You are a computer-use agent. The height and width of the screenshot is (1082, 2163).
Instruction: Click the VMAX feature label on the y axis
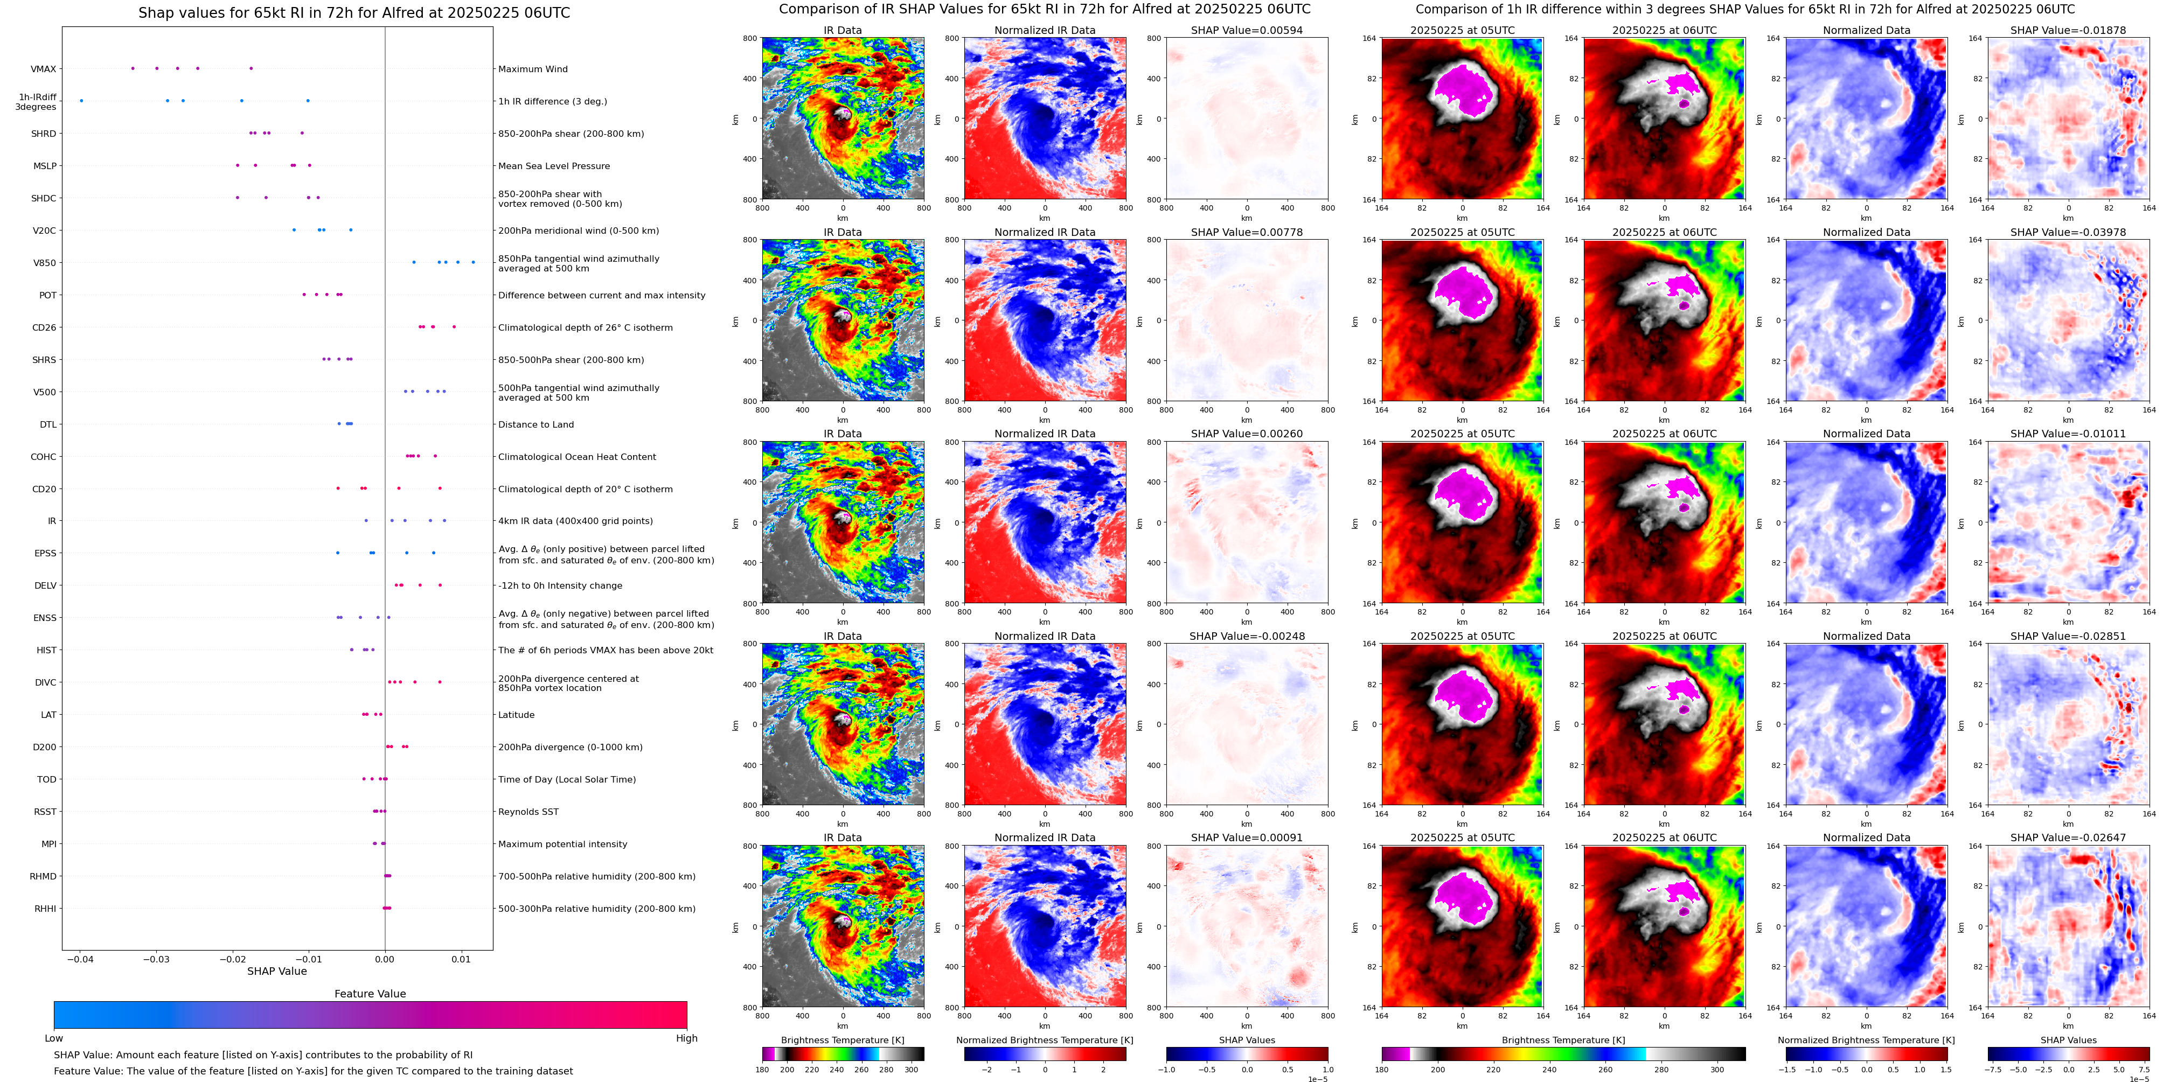click(x=44, y=69)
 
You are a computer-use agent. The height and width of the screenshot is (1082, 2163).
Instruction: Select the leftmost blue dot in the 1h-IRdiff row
click(x=81, y=101)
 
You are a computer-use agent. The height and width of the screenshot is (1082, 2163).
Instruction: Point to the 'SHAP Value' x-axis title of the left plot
click(x=277, y=971)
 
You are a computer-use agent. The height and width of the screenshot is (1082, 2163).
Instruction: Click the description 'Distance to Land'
click(x=535, y=425)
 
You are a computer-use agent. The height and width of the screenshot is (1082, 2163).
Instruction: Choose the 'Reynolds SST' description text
click(x=528, y=812)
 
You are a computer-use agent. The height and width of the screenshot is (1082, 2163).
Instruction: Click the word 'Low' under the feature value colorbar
click(x=54, y=1038)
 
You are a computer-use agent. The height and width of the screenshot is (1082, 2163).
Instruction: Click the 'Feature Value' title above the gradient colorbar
click(x=370, y=994)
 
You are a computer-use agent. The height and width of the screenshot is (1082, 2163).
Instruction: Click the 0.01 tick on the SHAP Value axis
click(x=461, y=959)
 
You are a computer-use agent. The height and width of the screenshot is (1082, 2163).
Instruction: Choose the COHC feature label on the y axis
click(x=44, y=457)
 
